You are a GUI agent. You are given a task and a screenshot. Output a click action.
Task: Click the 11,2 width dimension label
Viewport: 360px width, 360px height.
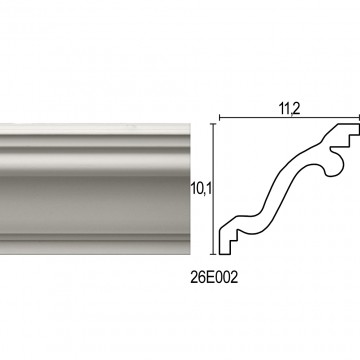click(290, 109)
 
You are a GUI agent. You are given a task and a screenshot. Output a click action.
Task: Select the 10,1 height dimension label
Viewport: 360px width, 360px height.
click(201, 189)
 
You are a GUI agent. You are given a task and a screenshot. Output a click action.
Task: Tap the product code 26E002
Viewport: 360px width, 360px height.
click(214, 277)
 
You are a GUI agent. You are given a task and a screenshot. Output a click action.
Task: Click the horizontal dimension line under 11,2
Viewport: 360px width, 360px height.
click(290, 117)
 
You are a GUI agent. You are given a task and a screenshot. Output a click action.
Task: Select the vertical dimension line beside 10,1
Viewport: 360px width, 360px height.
click(213, 189)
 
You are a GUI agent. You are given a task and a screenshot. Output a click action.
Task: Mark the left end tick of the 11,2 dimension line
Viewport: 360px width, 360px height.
click(219, 117)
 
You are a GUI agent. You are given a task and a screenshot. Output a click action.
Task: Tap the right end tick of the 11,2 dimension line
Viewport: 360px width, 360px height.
click(359, 117)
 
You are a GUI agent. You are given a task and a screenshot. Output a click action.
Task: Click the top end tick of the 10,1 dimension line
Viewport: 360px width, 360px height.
click(213, 124)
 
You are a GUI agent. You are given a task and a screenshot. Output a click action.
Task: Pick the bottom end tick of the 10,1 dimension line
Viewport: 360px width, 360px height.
click(213, 254)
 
